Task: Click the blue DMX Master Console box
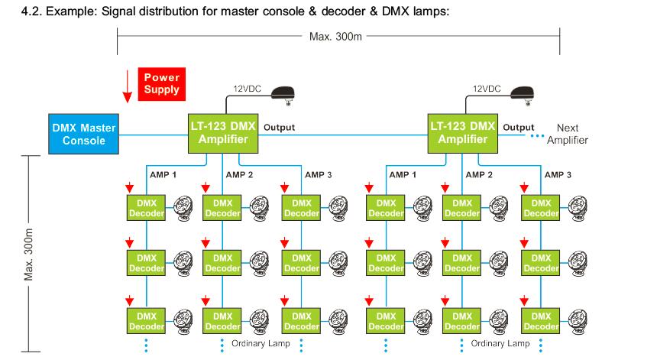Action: click(84, 135)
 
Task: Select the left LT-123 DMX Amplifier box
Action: click(222, 133)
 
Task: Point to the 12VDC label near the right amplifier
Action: click(485, 89)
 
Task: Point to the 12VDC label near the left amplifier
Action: click(246, 89)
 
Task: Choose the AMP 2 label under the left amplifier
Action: click(240, 175)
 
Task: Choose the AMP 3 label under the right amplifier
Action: click(558, 175)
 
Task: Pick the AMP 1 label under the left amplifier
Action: click(162, 175)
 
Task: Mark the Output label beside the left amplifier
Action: click(278, 128)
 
